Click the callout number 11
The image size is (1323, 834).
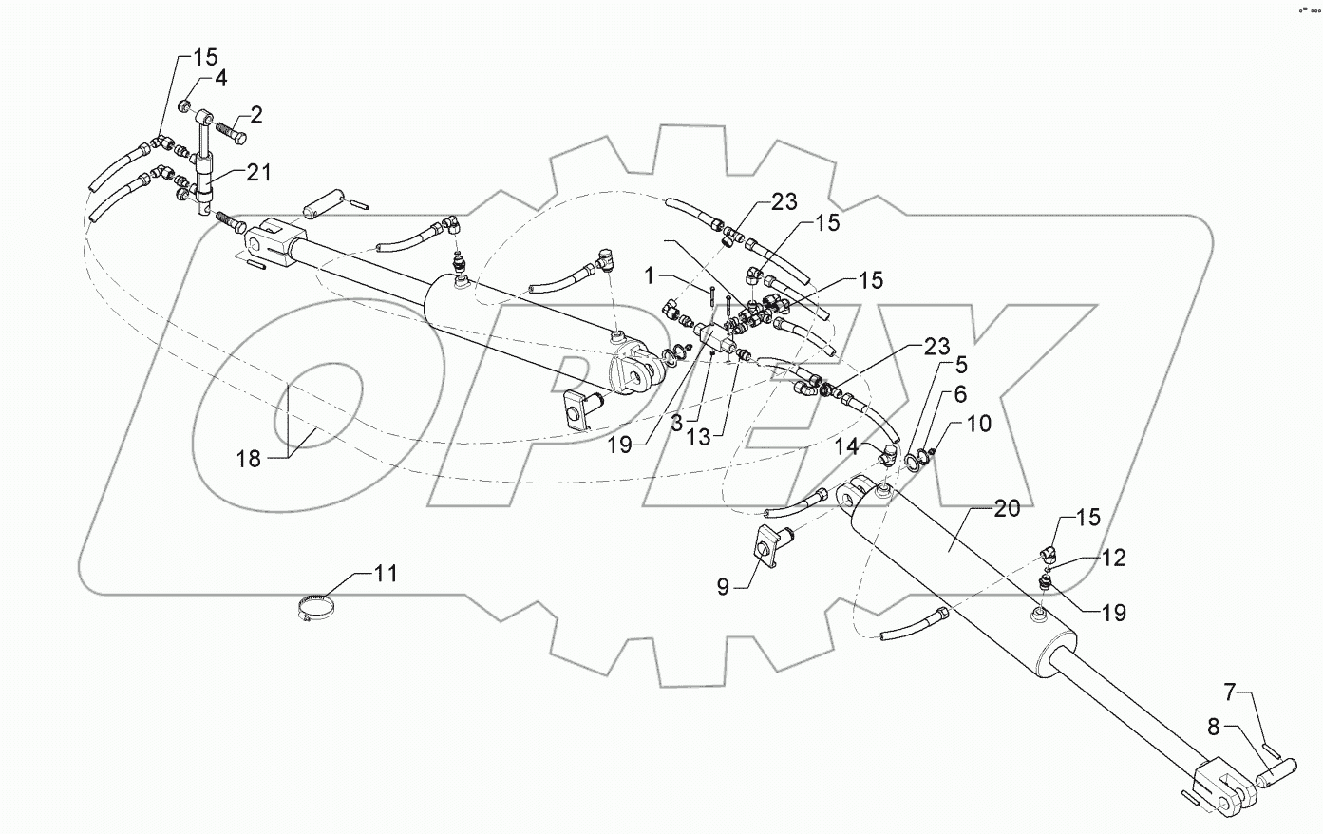[386, 574]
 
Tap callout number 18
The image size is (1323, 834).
[249, 460]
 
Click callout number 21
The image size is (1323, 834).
[258, 173]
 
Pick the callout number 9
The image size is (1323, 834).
[723, 587]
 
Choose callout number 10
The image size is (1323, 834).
[979, 423]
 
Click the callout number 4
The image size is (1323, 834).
[219, 79]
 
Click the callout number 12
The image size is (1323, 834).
[1113, 559]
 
